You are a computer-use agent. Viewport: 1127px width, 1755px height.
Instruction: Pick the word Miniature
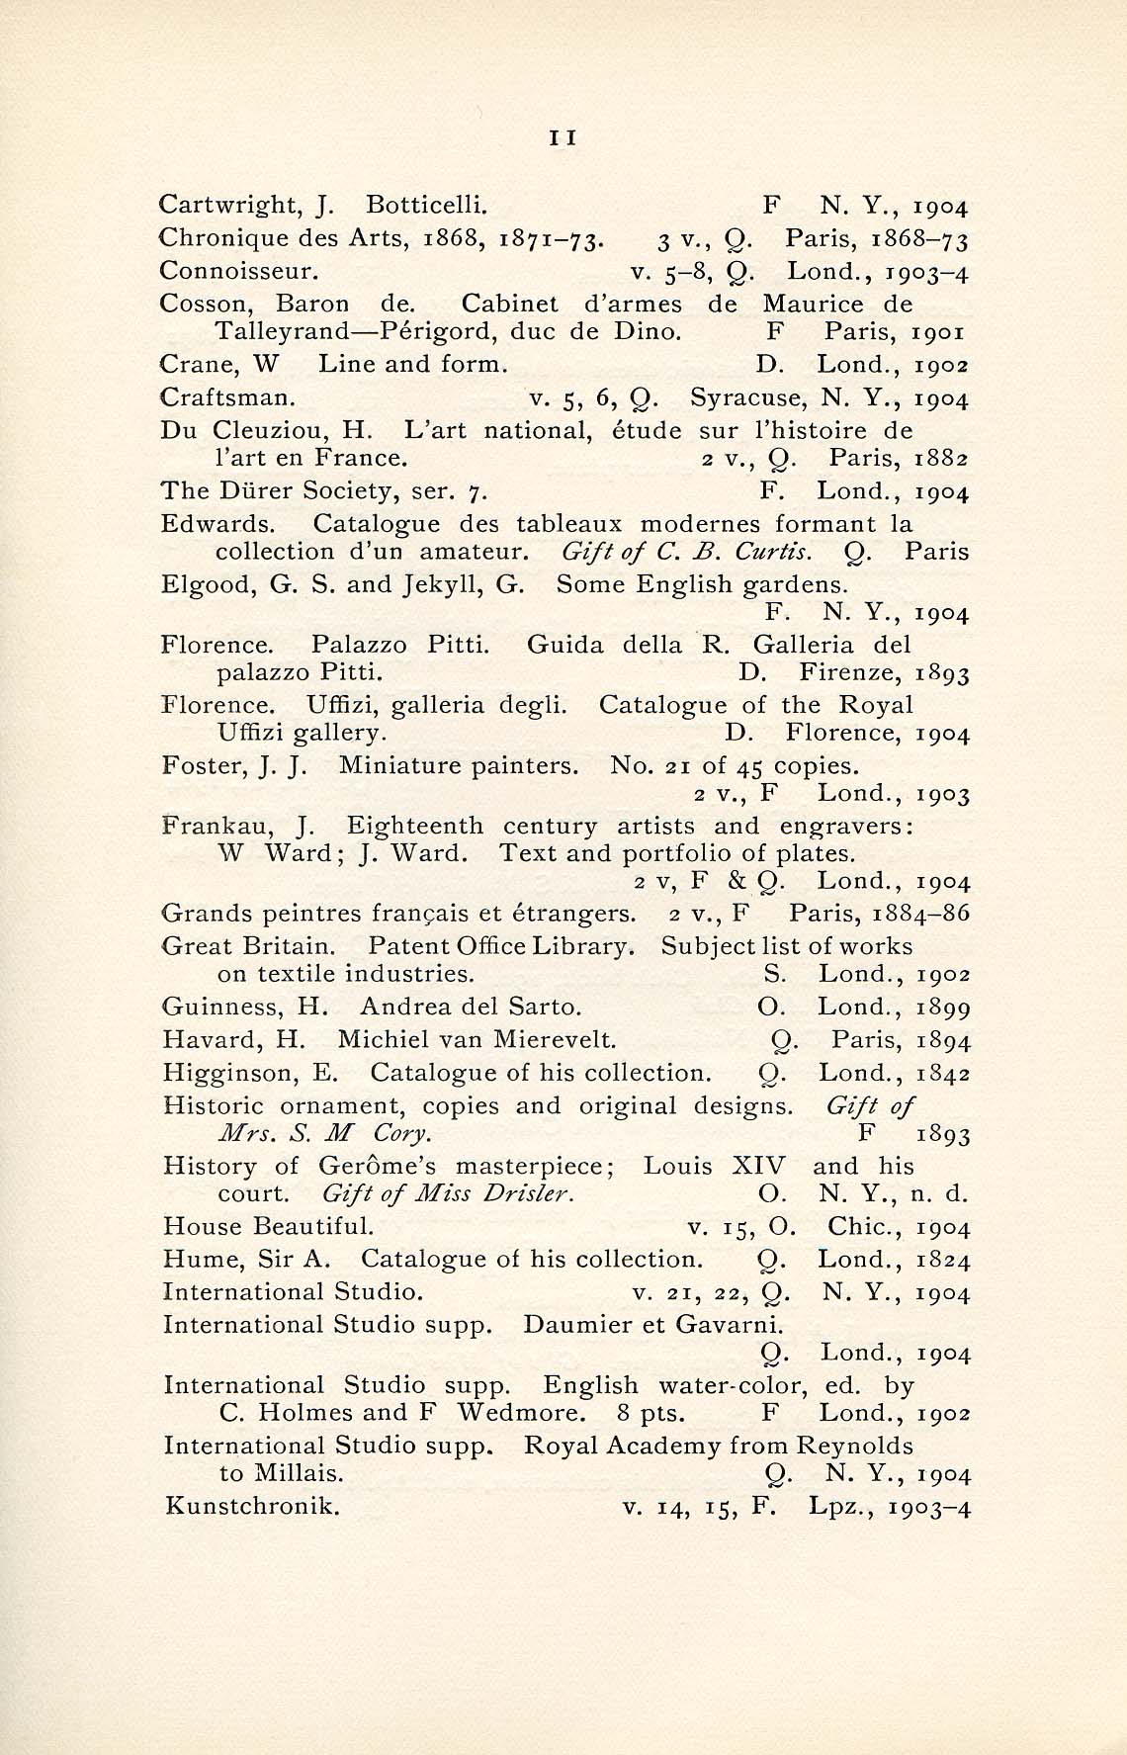click(408, 765)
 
